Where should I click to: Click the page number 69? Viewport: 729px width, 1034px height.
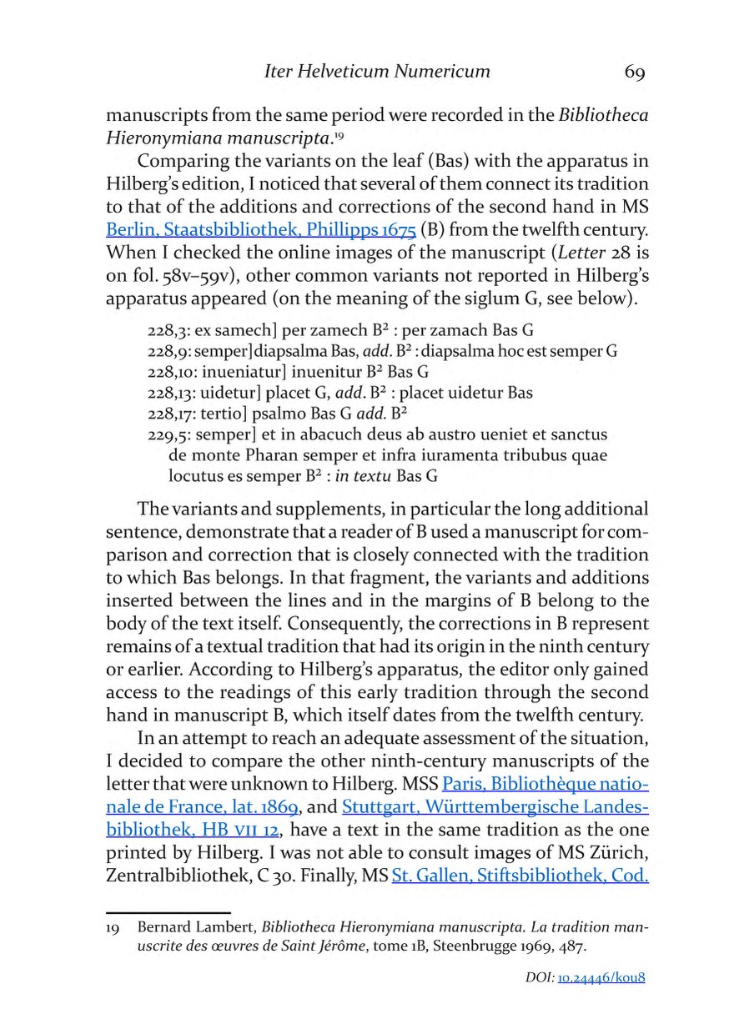pyautogui.click(x=634, y=72)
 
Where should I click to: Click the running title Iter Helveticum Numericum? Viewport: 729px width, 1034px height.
pyautogui.click(x=376, y=72)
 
